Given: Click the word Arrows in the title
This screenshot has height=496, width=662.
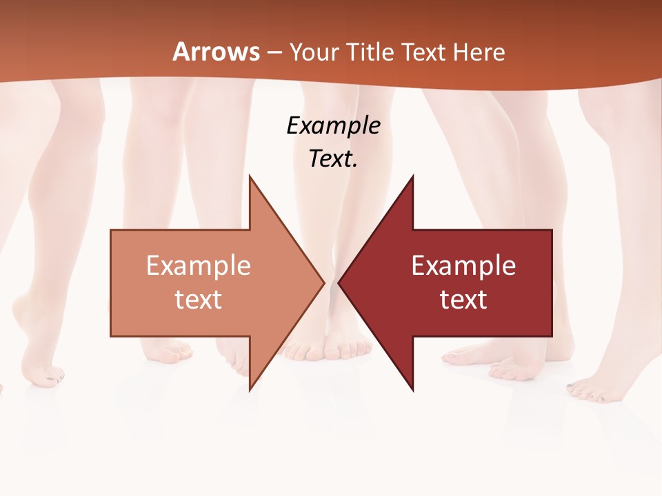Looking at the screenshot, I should click(216, 52).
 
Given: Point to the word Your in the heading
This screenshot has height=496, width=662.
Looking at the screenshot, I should click(313, 52).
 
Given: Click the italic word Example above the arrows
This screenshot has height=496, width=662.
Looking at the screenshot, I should click(333, 125).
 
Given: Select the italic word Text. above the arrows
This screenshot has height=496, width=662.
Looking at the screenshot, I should click(333, 158).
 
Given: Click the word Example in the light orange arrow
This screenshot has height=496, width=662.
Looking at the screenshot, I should click(199, 265).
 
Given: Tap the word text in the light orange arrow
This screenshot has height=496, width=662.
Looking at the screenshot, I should click(199, 299).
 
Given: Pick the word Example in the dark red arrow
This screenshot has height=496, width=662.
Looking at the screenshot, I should click(463, 265).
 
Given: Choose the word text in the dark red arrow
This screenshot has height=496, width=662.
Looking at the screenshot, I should click(463, 299).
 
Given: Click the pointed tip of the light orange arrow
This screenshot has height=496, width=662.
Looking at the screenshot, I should click(323, 282).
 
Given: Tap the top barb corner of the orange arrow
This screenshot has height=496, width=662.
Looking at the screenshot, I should click(250, 176).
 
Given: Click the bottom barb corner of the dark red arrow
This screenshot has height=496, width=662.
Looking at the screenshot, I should click(412, 390).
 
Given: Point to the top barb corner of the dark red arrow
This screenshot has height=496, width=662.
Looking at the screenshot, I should click(412, 176).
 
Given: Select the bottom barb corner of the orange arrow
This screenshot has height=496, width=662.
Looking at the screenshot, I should click(250, 390).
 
